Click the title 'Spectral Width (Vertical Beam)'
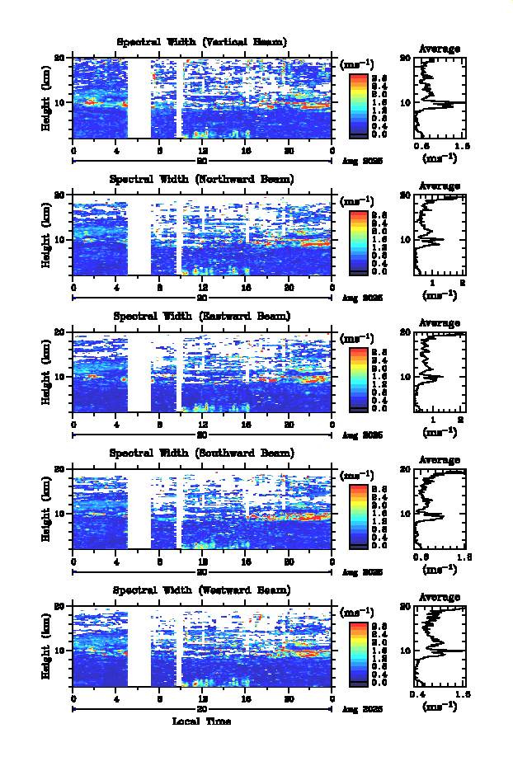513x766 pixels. [x=202, y=42]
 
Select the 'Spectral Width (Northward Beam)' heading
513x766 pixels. [x=202, y=179]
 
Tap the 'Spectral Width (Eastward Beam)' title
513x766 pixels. [x=202, y=316]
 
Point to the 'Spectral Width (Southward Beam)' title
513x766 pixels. [x=202, y=453]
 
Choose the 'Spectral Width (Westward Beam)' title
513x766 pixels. [x=202, y=590]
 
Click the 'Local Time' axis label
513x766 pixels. [x=202, y=721]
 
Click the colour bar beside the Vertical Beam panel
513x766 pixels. [x=358, y=104]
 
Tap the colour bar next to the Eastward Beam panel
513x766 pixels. [x=358, y=378]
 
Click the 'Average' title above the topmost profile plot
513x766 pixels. [x=440, y=49]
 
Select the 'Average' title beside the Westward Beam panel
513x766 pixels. [x=440, y=597]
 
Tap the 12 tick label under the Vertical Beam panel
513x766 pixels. [x=203, y=150]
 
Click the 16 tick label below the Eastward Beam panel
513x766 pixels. [x=246, y=424]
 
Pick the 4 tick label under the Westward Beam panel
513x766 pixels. [x=116, y=698]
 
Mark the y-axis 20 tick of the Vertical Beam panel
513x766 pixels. [x=60, y=58]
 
